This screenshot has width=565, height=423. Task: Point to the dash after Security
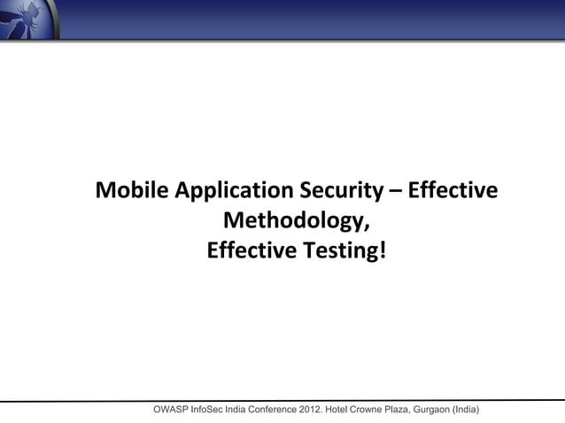click(x=394, y=192)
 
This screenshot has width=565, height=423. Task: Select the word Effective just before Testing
click(x=252, y=251)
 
